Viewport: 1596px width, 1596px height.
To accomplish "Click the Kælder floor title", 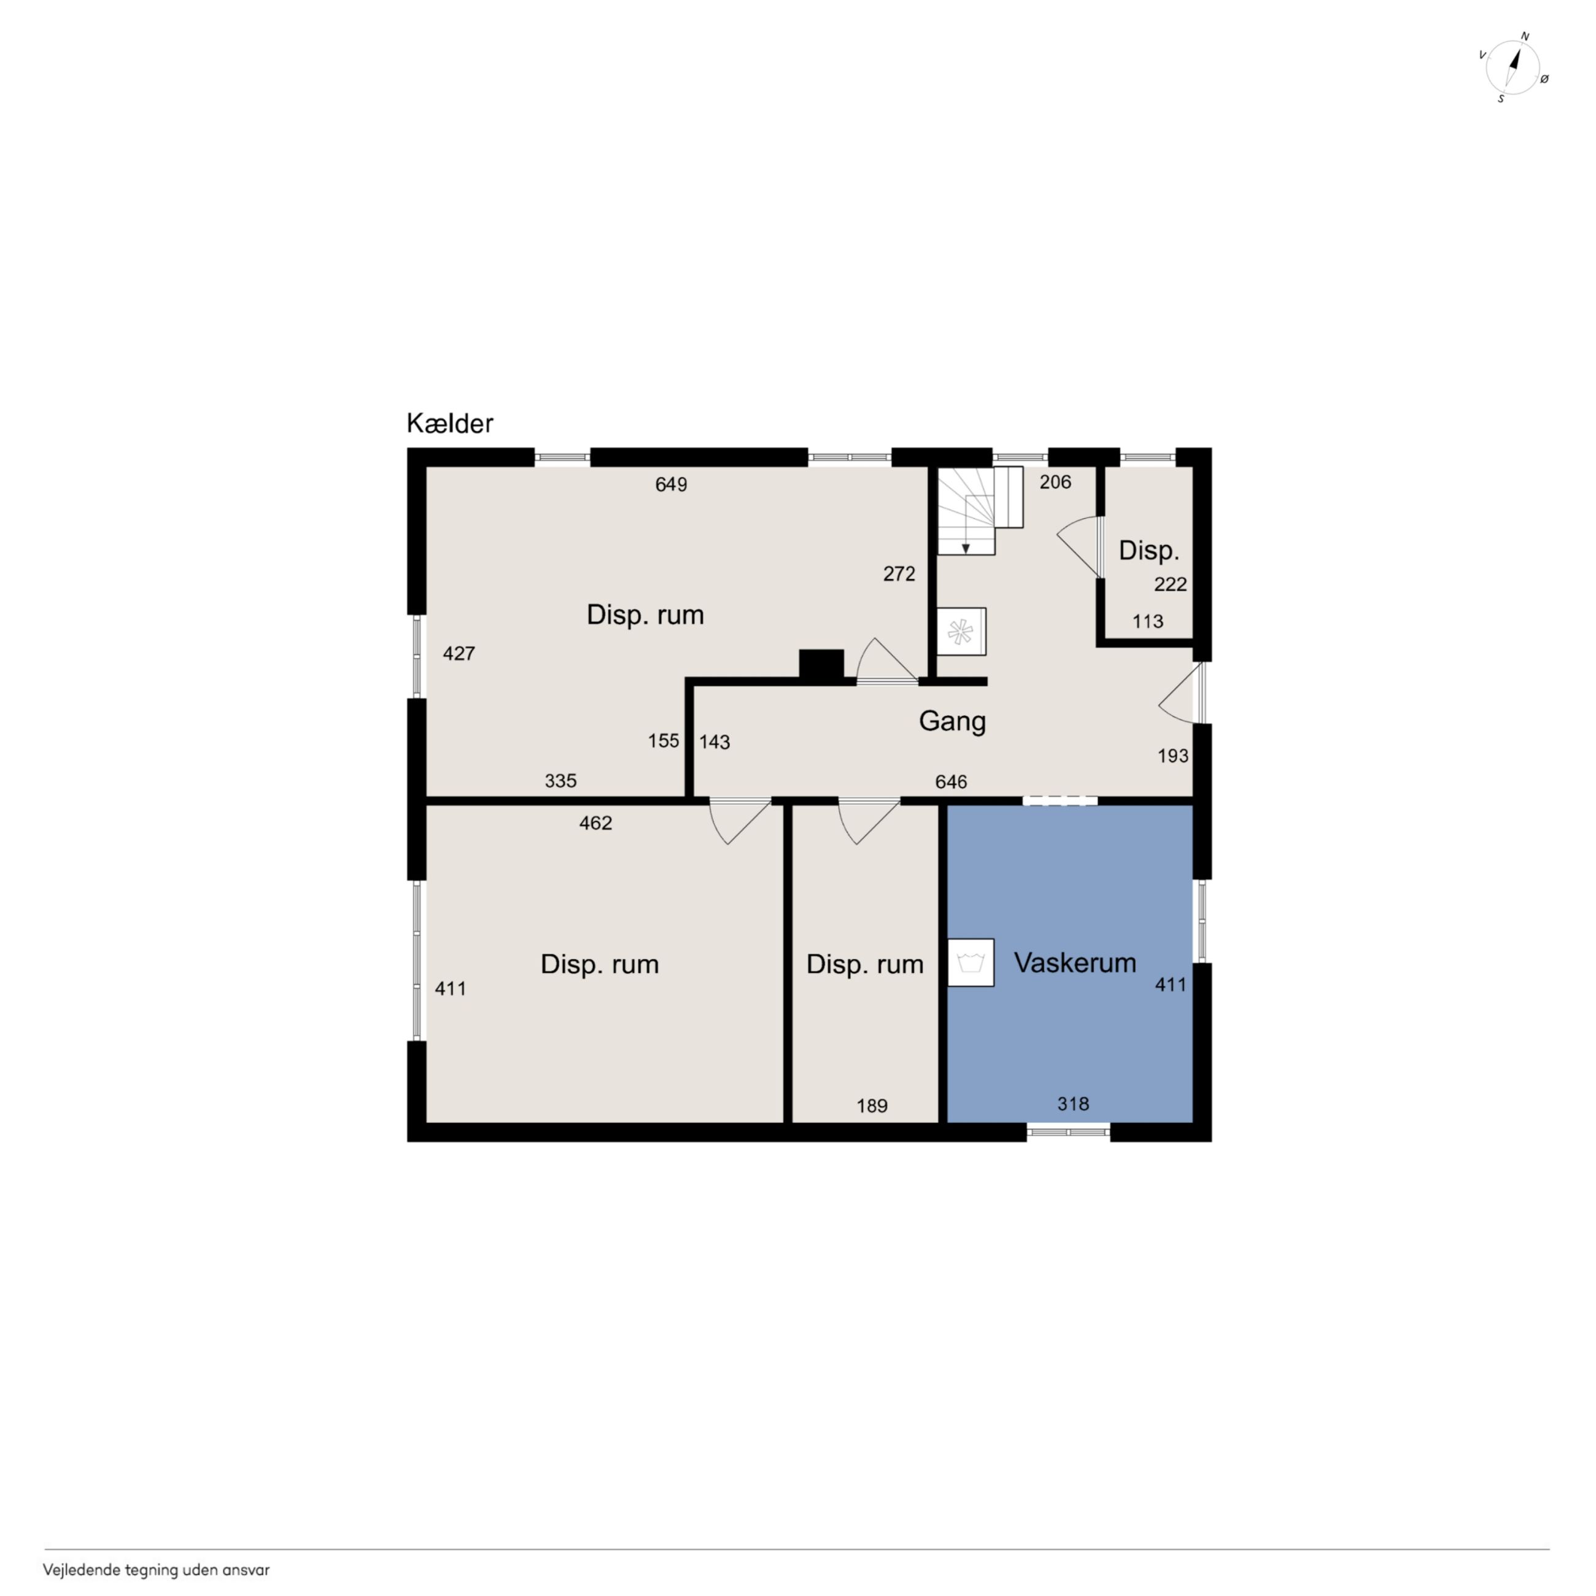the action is pos(449,423).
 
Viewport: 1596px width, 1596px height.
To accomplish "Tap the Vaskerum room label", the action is pos(1075,963).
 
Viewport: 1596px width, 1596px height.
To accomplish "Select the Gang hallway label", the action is pos(953,721).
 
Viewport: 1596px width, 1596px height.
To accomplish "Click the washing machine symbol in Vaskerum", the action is pos(970,963).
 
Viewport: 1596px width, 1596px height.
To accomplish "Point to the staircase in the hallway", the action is pos(980,509).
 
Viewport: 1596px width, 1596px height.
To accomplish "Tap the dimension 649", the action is pos(671,485).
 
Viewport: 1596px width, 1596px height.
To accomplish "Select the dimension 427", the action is pos(459,653).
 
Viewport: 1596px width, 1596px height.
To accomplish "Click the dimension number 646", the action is pos(951,781).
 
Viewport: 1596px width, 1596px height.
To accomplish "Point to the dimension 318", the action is pos(1073,1104).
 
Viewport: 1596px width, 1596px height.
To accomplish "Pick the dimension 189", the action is pos(872,1106).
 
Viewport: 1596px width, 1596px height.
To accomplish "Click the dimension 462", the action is pos(595,823).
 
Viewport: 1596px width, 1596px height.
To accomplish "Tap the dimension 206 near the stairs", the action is pos(1055,482).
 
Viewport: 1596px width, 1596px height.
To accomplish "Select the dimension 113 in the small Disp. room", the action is pos(1147,621).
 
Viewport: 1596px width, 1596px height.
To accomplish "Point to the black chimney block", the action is pos(821,666).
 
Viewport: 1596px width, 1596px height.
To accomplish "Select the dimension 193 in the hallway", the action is pos(1172,755).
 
